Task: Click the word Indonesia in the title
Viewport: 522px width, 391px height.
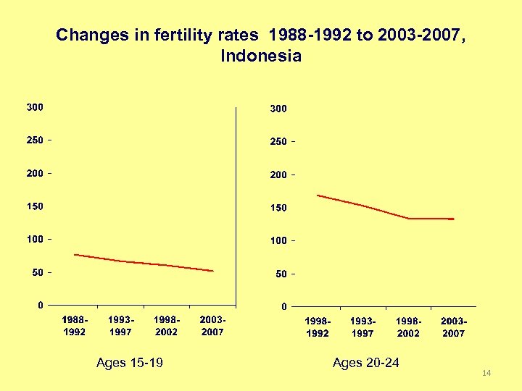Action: [260, 56]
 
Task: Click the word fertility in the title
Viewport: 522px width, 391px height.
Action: [183, 34]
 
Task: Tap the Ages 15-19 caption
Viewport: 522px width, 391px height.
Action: [130, 363]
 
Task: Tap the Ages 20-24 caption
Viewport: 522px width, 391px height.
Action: [365, 363]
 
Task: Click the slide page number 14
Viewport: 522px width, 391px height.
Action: [486, 373]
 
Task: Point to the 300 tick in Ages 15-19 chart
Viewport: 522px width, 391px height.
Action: [35, 107]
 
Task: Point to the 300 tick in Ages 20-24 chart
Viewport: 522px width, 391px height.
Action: [278, 109]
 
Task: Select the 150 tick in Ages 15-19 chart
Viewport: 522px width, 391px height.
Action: [35, 206]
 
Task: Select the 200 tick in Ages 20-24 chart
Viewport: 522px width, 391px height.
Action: [278, 175]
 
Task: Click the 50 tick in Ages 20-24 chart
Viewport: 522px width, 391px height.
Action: [281, 274]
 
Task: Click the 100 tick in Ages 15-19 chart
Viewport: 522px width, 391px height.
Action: [35, 239]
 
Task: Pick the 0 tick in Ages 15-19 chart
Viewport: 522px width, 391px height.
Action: [41, 305]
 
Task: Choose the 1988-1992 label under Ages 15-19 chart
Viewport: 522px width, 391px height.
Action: [75, 326]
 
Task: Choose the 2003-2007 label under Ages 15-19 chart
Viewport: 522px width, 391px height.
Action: [212, 326]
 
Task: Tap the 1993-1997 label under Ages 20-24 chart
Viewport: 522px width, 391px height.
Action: [362, 327]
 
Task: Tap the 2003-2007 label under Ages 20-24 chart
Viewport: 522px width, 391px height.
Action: [453, 327]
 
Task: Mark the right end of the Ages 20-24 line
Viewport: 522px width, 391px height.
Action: [453, 219]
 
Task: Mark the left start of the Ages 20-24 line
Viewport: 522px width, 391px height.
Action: [318, 195]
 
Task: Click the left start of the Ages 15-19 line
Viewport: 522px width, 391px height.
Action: [75, 254]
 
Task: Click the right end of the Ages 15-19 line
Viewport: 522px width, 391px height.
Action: [213, 271]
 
